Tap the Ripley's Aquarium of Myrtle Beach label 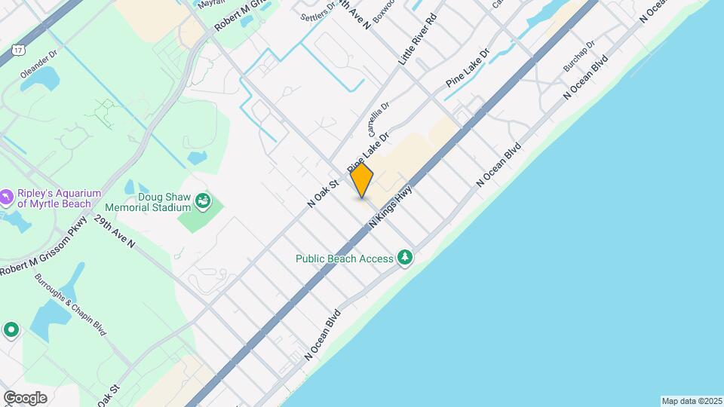[x=54, y=197]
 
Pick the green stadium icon [x=202, y=200]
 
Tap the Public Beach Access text [x=344, y=259]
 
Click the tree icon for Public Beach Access [x=406, y=259]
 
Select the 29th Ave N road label [x=115, y=232]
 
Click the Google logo [x=25, y=397]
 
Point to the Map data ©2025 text [x=692, y=401]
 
